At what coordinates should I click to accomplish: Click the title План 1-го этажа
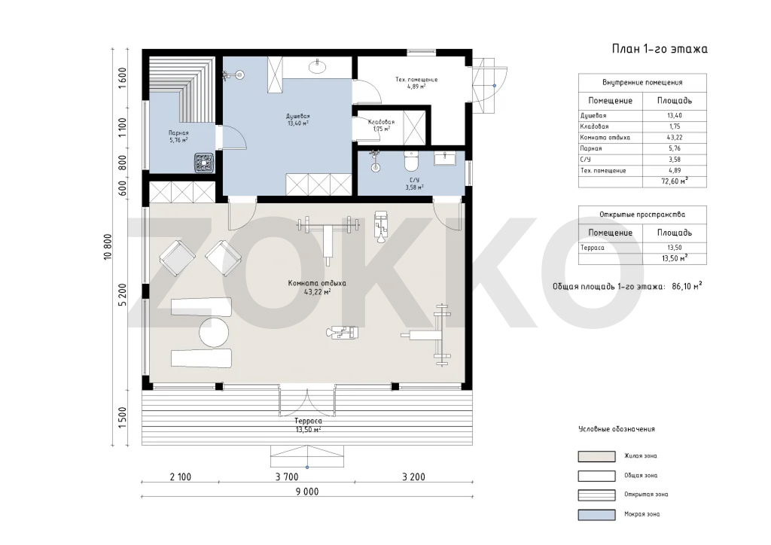pyautogui.click(x=660, y=49)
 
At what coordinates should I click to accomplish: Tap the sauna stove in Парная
pyautogui.click(x=204, y=163)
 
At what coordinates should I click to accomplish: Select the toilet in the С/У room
pyautogui.click(x=410, y=160)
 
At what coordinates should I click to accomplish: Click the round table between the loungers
pyautogui.click(x=214, y=333)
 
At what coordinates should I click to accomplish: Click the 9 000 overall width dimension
pyautogui.click(x=307, y=491)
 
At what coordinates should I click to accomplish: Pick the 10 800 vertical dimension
pyautogui.click(x=108, y=247)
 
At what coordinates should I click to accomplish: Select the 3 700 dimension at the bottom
pyautogui.click(x=287, y=476)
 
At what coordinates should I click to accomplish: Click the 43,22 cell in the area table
pyautogui.click(x=674, y=138)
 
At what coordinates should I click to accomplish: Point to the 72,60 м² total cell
pyautogui.click(x=675, y=181)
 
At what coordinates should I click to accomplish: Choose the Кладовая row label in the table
pyautogui.click(x=594, y=126)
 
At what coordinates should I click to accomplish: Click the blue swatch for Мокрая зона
pyautogui.click(x=596, y=515)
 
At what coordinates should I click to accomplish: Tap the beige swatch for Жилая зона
pyautogui.click(x=596, y=456)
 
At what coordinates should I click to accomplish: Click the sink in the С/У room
pyautogui.click(x=445, y=158)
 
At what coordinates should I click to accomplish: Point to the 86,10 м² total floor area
pyautogui.click(x=687, y=286)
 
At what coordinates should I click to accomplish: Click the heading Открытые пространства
pyautogui.click(x=641, y=215)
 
